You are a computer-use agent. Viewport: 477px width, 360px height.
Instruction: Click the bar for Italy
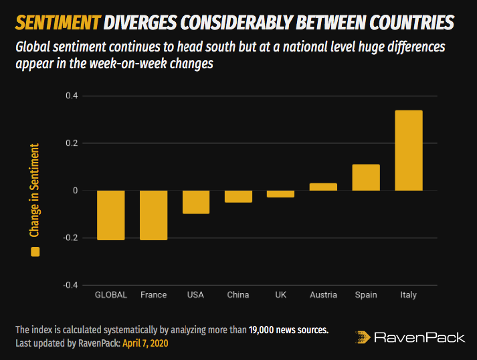click(408, 151)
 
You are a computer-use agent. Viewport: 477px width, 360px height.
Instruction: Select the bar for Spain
click(366, 177)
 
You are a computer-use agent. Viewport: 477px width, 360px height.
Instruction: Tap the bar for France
click(153, 215)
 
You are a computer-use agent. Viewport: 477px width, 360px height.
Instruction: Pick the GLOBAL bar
click(110, 215)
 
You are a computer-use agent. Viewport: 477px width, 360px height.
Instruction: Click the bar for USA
click(196, 202)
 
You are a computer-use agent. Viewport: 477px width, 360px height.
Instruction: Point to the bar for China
click(238, 196)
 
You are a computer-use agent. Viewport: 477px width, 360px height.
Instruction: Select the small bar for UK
click(281, 194)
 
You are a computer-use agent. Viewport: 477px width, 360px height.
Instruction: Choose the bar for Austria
click(323, 187)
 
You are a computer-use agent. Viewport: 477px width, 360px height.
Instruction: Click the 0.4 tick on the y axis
click(71, 96)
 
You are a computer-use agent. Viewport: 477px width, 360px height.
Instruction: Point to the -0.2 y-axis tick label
click(70, 238)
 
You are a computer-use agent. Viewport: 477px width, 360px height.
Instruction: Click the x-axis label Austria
click(323, 295)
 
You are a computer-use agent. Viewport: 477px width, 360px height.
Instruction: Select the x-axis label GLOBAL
click(111, 295)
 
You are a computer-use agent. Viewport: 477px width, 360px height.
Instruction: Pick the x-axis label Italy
click(408, 295)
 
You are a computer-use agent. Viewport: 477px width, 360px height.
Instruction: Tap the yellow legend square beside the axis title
click(35, 252)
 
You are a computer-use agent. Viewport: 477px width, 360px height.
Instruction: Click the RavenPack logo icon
click(362, 337)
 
